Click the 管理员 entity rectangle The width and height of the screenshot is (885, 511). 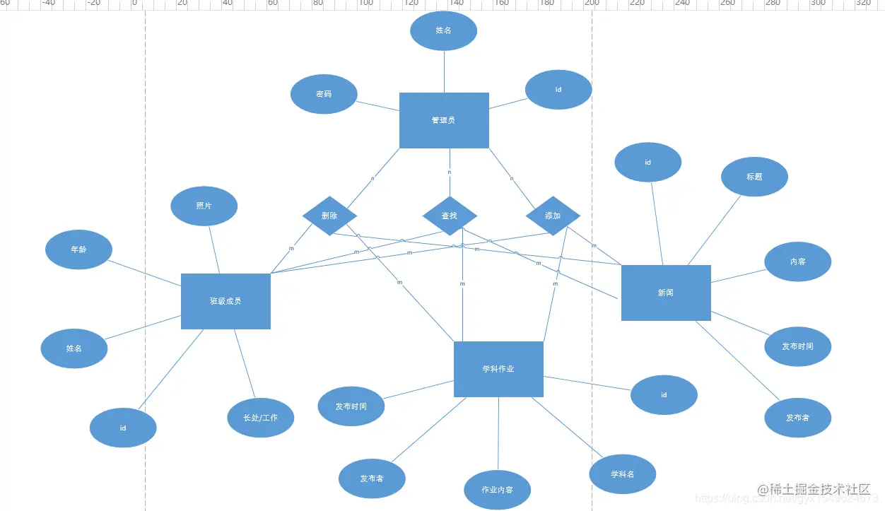point(444,120)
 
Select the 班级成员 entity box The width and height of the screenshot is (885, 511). point(225,301)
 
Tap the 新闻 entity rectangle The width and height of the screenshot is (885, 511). point(666,293)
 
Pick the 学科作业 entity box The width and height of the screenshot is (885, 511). point(498,369)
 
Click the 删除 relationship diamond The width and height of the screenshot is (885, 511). point(329,216)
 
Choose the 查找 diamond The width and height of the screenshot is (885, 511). point(450,216)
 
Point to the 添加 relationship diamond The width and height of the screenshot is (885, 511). point(553,216)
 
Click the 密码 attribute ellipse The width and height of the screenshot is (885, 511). point(324,93)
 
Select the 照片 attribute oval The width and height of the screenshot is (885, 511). point(204,206)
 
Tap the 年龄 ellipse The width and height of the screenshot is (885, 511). point(78,249)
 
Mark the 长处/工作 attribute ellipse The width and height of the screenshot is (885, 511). point(260,418)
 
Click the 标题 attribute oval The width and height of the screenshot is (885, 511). point(754,177)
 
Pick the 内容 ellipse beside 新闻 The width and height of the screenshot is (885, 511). point(797,262)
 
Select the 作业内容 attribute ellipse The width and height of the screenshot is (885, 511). point(497,490)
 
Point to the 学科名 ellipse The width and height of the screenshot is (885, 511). point(622,474)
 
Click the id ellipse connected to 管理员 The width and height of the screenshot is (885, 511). point(558,90)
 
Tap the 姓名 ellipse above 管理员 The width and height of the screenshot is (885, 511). point(443,31)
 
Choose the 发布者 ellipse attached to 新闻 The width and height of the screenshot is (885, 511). point(797,418)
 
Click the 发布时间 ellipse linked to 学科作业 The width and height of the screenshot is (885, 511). point(351,406)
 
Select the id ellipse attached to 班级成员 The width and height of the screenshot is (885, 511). point(123,428)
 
